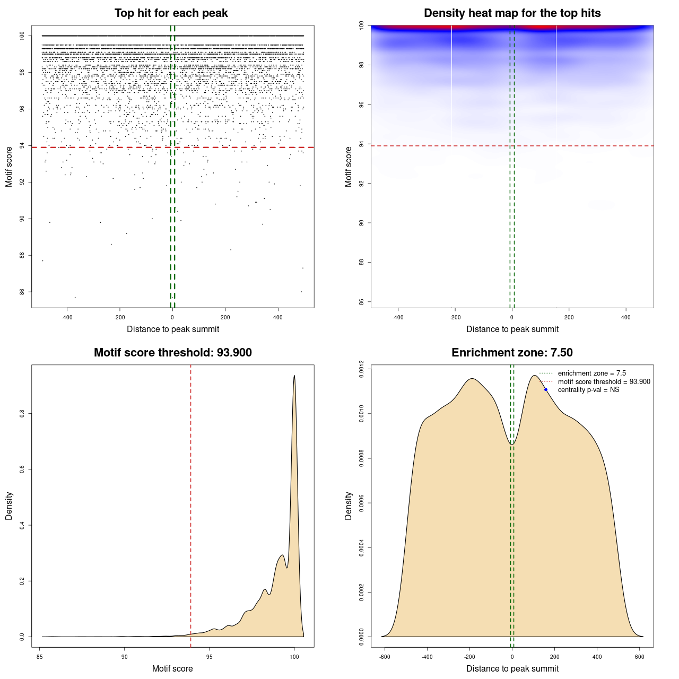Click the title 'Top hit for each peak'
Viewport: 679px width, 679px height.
pos(171,13)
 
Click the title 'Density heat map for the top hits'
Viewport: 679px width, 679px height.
pos(512,13)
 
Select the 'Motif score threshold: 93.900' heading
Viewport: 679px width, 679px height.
pos(172,353)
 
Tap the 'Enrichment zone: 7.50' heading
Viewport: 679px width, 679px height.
pos(512,353)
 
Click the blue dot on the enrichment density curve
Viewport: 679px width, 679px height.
pos(546,390)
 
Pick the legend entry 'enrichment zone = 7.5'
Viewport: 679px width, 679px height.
pos(591,373)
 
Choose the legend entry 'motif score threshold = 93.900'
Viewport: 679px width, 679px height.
pos(604,382)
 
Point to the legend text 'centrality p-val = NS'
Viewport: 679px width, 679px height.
pos(588,390)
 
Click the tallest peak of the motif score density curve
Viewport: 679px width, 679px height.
pos(294,376)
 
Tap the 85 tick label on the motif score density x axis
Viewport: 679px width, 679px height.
pos(40,657)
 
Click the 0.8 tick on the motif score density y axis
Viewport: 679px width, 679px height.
pos(22,413)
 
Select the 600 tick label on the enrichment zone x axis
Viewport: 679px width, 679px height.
pos(640,657)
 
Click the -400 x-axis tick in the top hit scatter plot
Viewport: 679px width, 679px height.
pos(67,317)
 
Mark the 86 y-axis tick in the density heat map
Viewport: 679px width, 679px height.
pos(361,302)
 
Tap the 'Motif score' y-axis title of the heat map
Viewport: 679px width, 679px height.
pos(349,167)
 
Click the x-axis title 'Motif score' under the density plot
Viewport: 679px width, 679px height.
pos(172,668)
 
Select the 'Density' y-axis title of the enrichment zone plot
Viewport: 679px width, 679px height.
pos(349,506)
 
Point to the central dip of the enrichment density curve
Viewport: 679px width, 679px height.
pos(512,444)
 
